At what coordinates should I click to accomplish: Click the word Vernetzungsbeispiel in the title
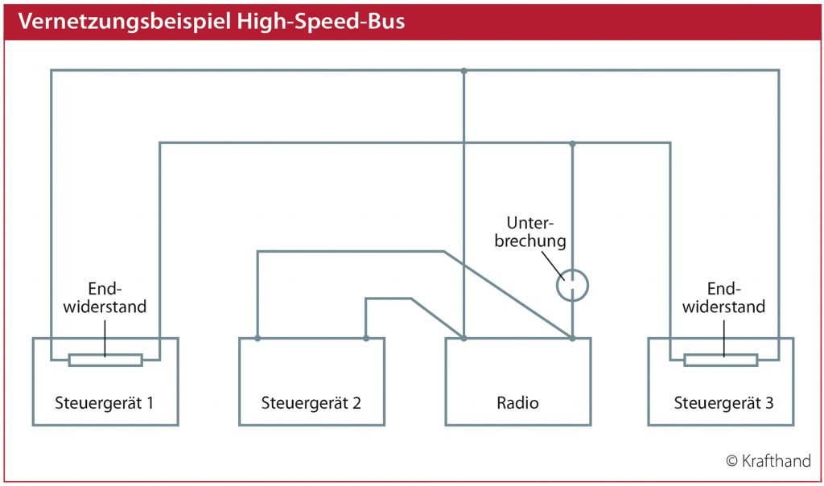point(125,22)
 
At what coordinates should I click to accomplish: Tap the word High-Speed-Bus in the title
point(321,22)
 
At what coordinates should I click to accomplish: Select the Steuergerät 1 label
point(104,403)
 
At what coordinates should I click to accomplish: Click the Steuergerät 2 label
point(311,403)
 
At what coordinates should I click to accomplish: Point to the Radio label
point(517,403)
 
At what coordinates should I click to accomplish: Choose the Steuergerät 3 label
point(723,403)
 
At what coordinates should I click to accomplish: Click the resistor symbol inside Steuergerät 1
point(105,360)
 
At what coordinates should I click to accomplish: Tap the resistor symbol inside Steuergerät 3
point(720,360)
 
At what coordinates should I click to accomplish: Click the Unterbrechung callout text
point(530,232)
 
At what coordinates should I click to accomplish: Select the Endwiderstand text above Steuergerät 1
point(105,298)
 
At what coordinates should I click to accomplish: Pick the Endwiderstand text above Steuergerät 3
point(723,298)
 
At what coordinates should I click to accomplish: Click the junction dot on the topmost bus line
point(463,70)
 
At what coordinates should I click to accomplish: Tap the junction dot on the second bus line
point(572,143)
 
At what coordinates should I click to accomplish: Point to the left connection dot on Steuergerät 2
point(257,339)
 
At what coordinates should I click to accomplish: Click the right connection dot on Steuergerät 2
point(366,339)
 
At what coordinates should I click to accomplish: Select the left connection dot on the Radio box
point(463,339)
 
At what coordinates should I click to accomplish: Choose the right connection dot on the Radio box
point(572,339)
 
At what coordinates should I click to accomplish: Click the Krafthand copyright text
point(768,461)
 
